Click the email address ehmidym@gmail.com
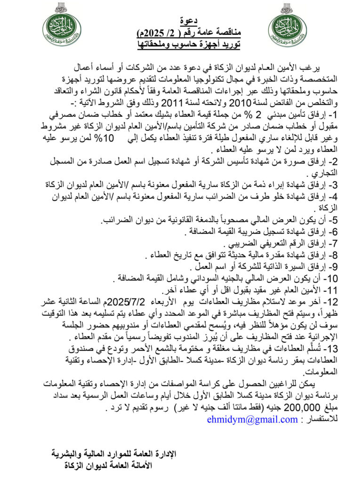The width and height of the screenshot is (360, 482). point(252,419)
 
